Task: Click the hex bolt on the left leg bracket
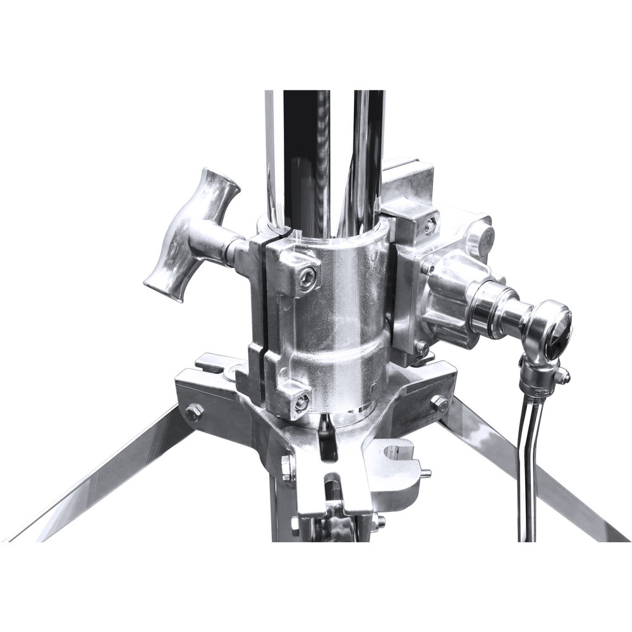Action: coord(194,412)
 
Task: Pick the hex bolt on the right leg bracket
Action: coord(439,403)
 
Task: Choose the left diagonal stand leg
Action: coord(95,480)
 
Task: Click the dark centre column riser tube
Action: coord(306,158)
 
